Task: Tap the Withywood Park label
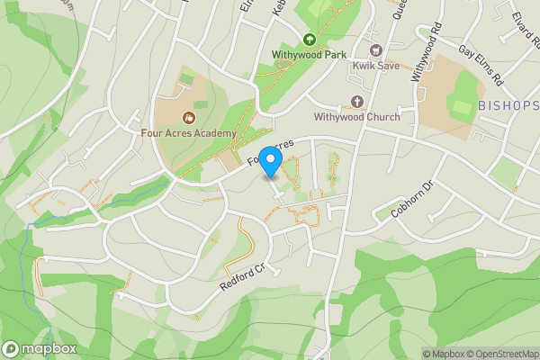click(x=309, y=54)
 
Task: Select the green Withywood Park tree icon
click(x=310, y=39)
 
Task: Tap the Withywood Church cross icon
click(x=356, y=101)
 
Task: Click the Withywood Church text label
click(x=356, y=116)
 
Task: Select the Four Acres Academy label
click(x=189, y=133)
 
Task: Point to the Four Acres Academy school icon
click(x=189, y=117)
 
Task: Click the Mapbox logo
click(x=38, y=348)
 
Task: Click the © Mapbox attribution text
click(x=441, y=354)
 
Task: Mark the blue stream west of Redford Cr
click(x=38, y=270)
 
